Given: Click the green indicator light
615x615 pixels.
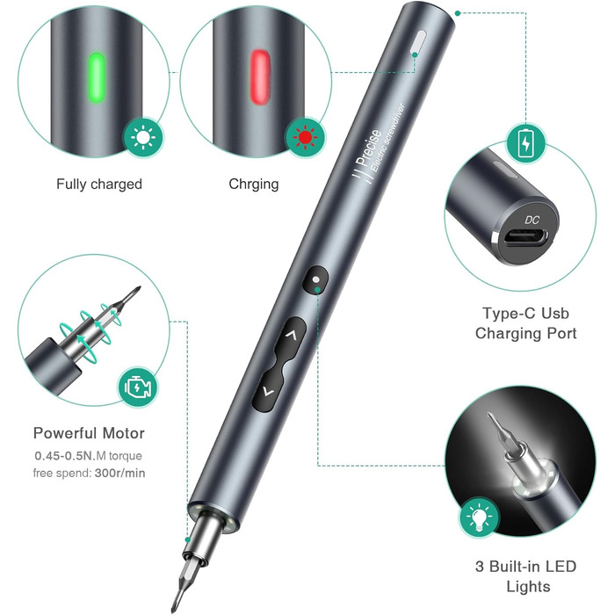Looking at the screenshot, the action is (x=97, y=77).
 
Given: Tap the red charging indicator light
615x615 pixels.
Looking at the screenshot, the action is (x=260, y=77).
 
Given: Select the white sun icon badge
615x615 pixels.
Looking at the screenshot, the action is (x=143, y=138).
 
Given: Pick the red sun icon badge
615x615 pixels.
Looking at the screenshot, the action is (x=306, y=138).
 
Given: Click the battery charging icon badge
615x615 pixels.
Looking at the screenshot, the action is (x=525, y=144).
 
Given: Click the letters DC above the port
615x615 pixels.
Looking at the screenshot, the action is (x=532, y=220).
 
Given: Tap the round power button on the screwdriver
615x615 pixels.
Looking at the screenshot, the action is (x=315, y=279).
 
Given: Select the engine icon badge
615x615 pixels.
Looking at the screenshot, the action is (x=138, y=387).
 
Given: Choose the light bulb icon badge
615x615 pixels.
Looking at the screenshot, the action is (x=479, y=517).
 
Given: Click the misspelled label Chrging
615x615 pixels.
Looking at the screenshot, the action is (x=254, y=184).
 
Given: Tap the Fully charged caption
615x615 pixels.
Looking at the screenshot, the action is (x=99, y=184).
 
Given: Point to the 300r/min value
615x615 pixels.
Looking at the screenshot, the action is (x=120, y=473).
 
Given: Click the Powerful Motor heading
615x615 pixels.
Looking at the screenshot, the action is (x=89, y=433).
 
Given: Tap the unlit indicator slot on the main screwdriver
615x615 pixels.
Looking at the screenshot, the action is (x=418, y=43).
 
